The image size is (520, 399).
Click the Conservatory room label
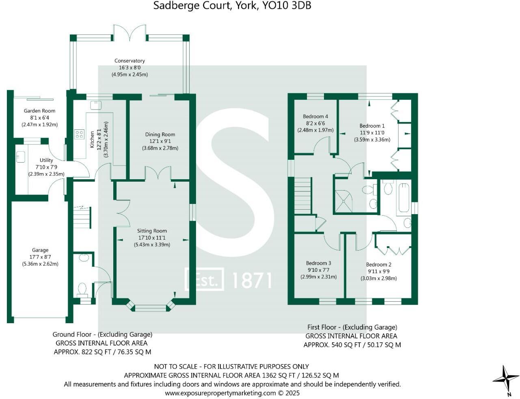(129, 61)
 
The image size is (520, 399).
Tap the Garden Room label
(39, 111)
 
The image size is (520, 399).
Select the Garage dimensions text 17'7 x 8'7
(40, 257)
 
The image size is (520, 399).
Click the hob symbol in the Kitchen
(79, 134)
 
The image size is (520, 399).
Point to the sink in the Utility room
(21, 157)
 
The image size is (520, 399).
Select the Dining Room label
(160, 135)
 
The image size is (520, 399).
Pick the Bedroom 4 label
(315, 116)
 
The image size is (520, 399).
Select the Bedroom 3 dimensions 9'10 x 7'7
(318, 270)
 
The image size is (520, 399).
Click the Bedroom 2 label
(379, 264)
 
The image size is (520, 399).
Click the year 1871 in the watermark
(252, 280)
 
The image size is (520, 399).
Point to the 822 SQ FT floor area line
(102, 352)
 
